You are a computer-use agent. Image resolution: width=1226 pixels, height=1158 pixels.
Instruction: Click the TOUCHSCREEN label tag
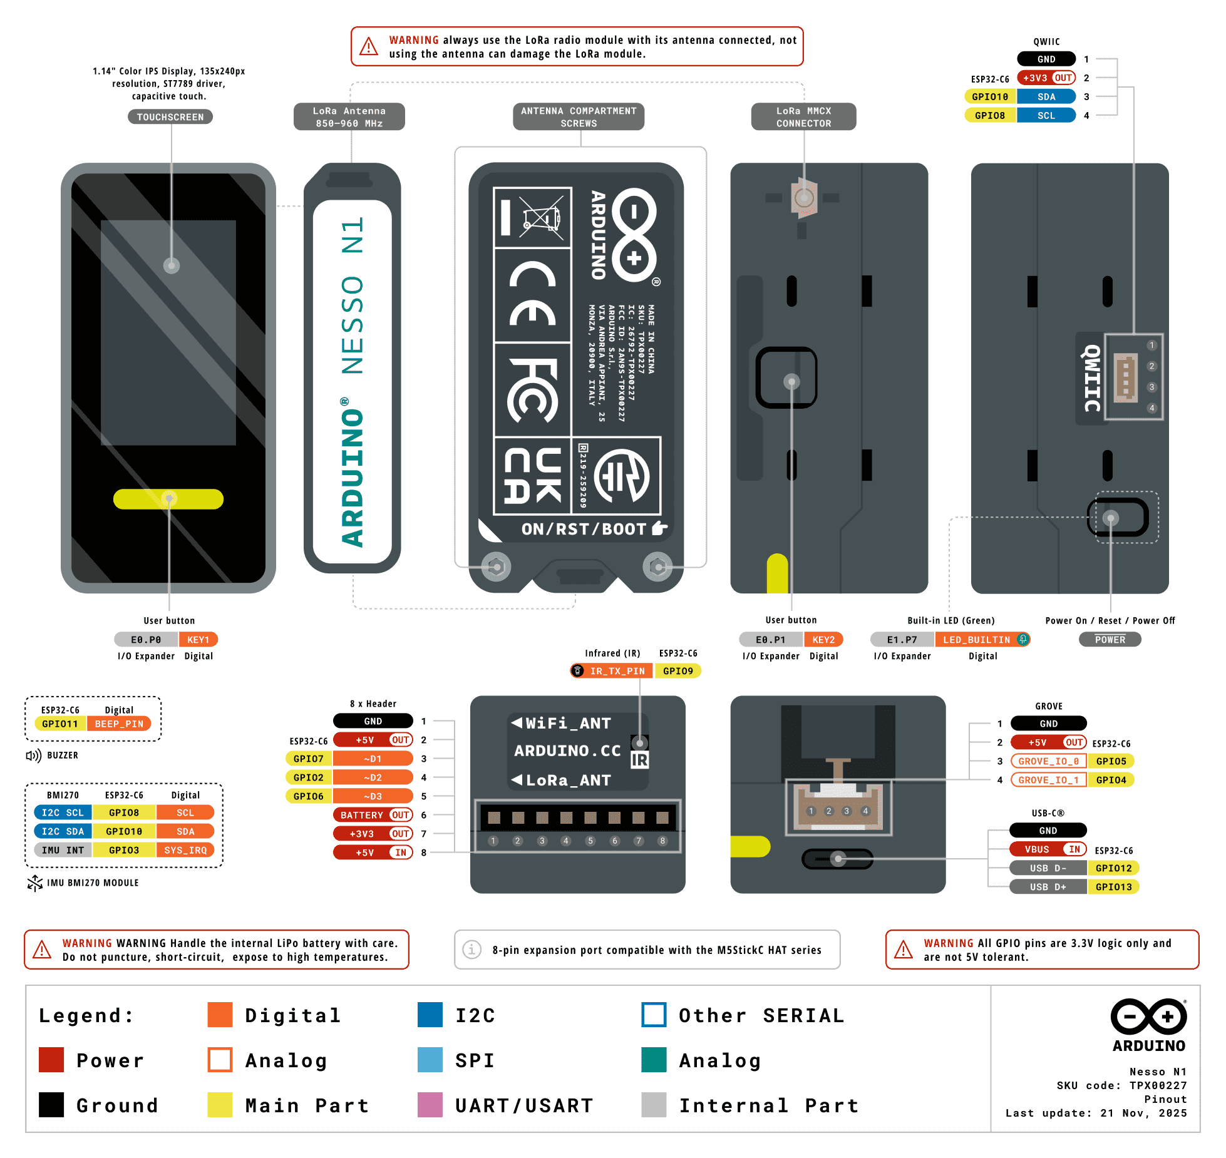[170, 117]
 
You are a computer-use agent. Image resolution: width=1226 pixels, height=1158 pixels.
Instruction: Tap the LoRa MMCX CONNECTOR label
[803, 117]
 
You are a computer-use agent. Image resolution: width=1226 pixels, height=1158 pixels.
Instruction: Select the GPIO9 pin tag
[678, 671]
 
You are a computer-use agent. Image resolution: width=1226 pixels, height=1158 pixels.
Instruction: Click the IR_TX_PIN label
[617, 671]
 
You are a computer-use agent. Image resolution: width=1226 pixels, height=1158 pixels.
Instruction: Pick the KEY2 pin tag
[823, 640]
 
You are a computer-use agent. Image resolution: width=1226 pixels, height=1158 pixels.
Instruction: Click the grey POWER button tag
[1110, 640]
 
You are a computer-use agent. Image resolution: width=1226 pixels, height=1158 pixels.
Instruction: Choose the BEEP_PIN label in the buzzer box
[119, 724]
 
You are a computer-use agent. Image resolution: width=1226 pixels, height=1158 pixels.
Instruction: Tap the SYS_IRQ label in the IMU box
[185, 850]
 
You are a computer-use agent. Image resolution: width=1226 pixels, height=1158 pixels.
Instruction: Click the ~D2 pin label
[373, 777]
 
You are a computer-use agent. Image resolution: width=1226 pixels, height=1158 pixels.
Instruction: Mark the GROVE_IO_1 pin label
[1048, 780]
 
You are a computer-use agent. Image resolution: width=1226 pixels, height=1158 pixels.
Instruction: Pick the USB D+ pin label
[1048, 887]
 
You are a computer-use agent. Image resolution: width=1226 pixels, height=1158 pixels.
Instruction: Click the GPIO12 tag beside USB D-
[1113, 868]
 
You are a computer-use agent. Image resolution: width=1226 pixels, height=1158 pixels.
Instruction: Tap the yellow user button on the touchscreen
[168, 499]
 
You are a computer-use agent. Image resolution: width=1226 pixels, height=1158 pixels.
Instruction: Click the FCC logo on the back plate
[532, 390]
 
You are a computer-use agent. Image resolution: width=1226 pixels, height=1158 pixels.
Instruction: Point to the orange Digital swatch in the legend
[220, 1015]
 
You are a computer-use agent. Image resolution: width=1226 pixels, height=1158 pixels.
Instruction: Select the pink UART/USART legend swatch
[430, 1105]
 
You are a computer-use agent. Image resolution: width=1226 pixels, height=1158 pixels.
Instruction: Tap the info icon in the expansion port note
[471, 950]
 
